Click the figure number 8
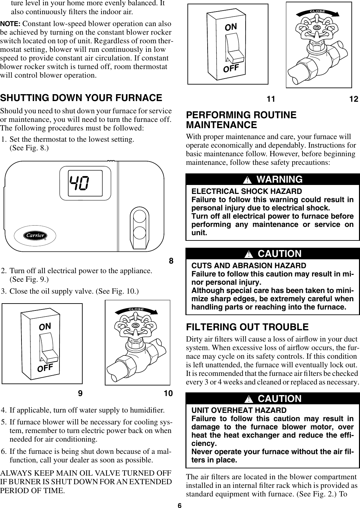tap(171, 261)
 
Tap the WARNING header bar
tap(273, 179)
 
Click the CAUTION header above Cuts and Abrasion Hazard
tap(273, 254)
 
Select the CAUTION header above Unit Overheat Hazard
tap(273, 399)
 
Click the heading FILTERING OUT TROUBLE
tap(247, 327)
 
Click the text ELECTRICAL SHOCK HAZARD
tap(247, 192)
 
